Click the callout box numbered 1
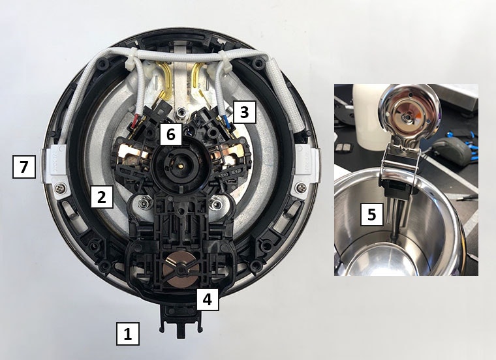click(128, 333)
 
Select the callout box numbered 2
click(102, 196)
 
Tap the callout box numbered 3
click(244, 112)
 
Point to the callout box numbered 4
click(208, 299)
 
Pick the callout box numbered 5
click(372, 214)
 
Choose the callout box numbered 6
click(171, 134)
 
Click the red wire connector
click(136, 120)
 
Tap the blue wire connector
click(226, 121)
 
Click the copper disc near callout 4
click(181, 269)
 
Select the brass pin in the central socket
click(181, 164)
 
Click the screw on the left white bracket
click(58, 188)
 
